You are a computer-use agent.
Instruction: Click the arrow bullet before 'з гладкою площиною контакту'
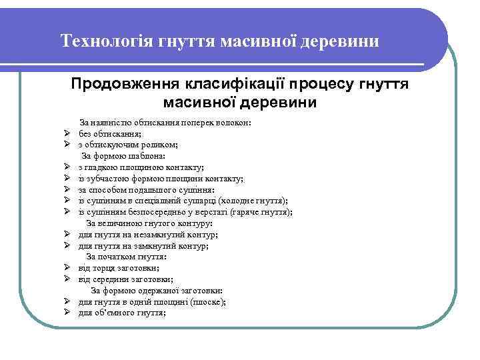[x=68, y=167]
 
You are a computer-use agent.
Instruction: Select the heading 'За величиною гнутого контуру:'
[x=150, y=223]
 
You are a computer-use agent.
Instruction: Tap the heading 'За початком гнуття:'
[x=127, y=257]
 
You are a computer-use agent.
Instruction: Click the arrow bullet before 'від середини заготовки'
[x=68, y=279]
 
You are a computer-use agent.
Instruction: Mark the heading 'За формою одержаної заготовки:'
[x=157, y=291]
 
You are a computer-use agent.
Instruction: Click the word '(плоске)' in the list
[x=209, y=302]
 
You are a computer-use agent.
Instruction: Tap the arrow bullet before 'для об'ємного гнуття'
[x=68, y=313]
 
